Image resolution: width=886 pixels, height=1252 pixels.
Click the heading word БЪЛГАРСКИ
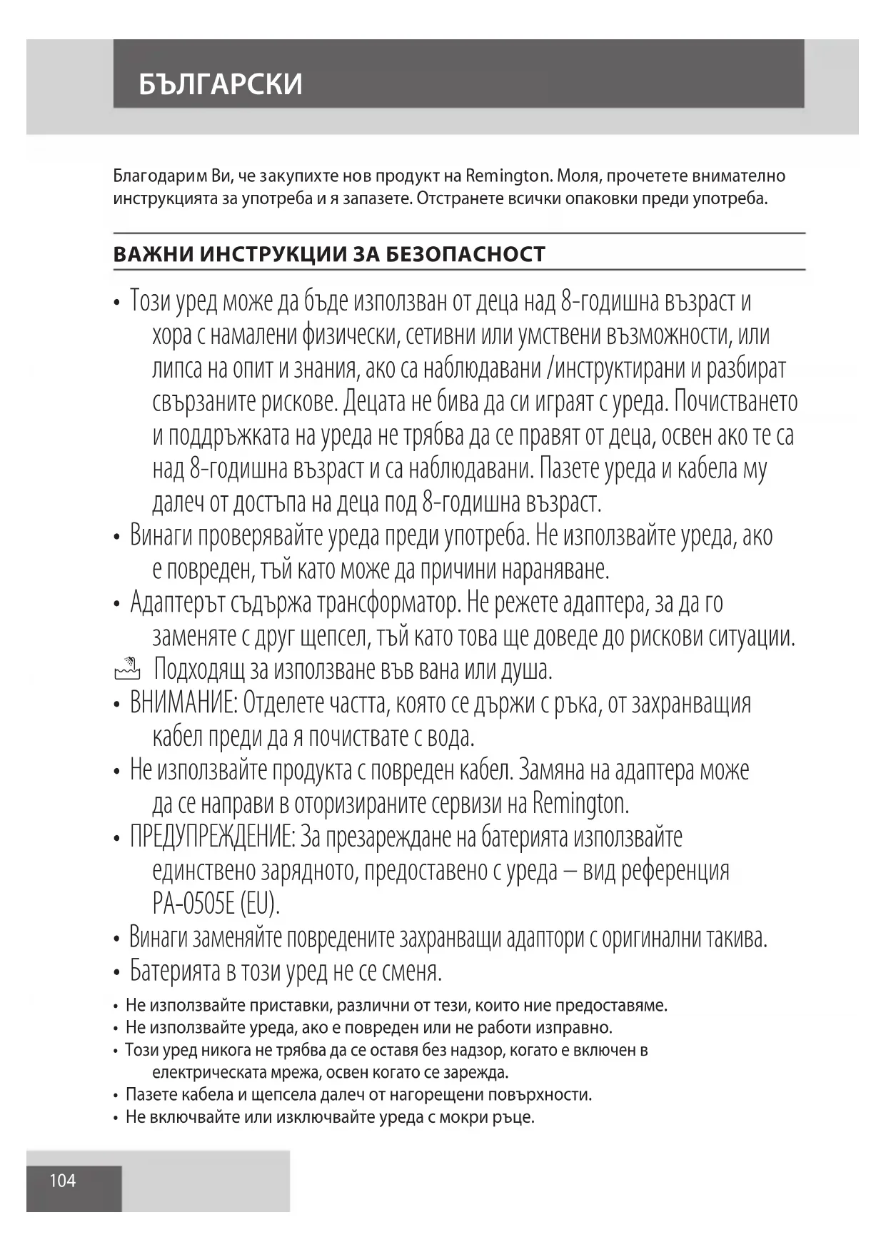coord(221,84)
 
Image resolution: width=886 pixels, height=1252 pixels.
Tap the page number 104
coord(63,1181)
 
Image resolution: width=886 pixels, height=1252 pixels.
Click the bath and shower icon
coord(127,670)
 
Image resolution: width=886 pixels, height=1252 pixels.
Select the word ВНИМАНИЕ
coord(183,704)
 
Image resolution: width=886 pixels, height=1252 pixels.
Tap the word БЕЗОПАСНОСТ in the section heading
coord(465,254)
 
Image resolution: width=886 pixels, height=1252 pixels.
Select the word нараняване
coord(555,570)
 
